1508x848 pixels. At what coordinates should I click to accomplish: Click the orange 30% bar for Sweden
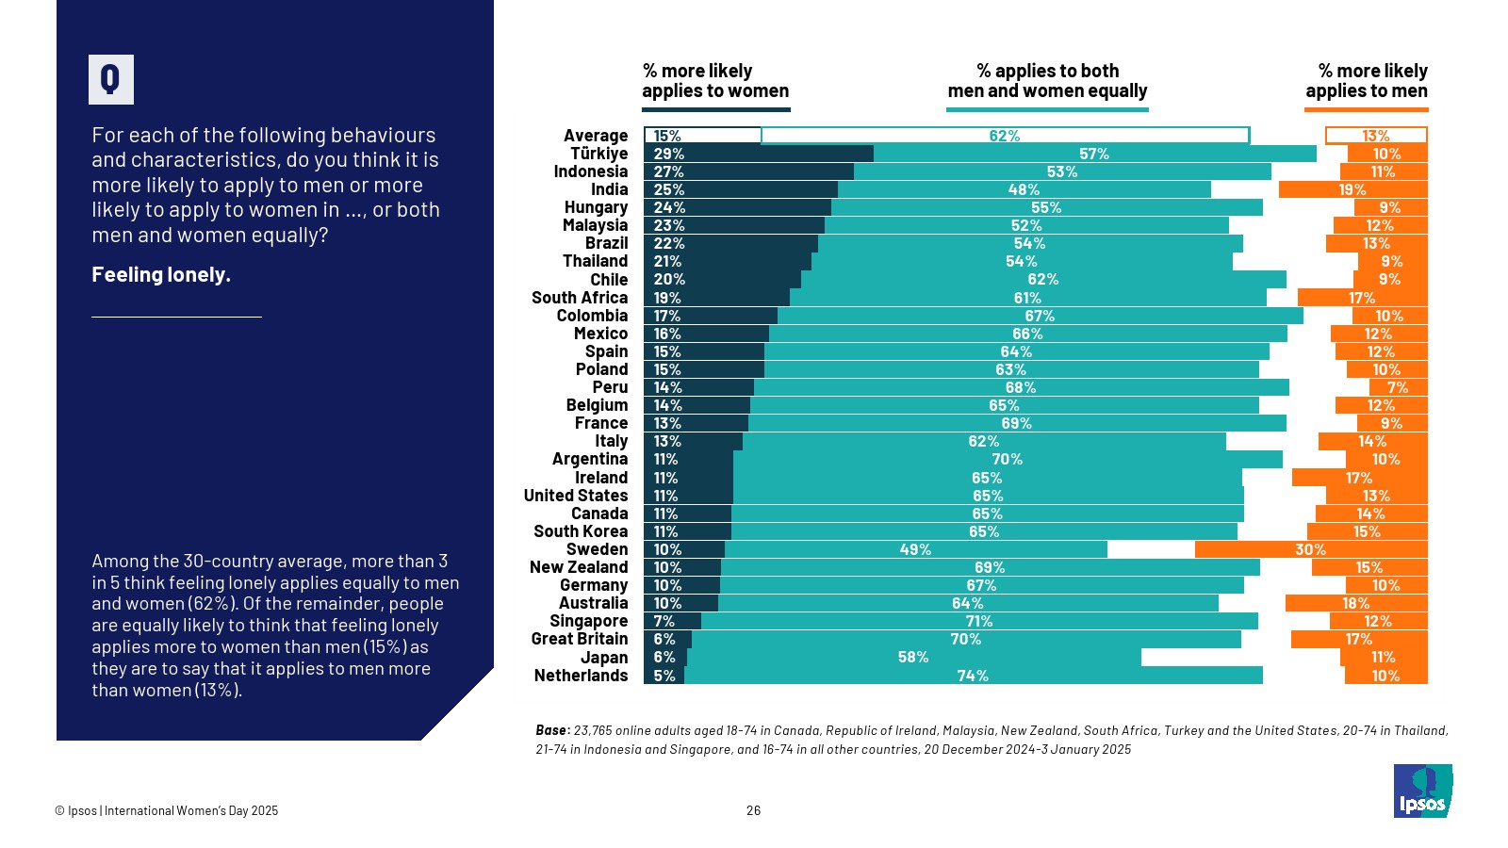(x=1311, y=549)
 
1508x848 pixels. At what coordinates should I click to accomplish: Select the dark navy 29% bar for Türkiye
(x=759, y=154)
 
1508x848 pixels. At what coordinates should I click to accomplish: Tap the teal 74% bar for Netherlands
(x=973, y=676)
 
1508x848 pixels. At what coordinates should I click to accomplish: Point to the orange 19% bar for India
(x=1352, y=189)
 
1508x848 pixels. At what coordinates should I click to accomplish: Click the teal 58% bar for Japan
(x=913, y=657)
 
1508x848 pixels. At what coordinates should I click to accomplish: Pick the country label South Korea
(x=581, y=531)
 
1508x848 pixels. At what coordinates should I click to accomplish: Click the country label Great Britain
(x=579, y=639)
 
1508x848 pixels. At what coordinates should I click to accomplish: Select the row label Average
(x=596, y=136)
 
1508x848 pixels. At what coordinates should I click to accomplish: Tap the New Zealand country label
(x=578, y=567)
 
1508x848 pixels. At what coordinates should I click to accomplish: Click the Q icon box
(x=111, y=79)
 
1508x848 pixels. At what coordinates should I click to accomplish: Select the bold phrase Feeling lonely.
(x=161, y=275)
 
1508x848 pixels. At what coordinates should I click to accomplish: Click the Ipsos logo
(x=1422, y=791)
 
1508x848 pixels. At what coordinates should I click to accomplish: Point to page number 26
(x=753, y=810)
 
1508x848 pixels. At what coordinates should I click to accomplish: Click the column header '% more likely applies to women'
(x=715, y=81)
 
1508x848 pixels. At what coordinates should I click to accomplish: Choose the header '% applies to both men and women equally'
(x=1047, y=81)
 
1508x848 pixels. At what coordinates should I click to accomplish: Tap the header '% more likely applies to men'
(x=1366, y=81)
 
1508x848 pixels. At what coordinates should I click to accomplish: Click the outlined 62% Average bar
(x=1005, y=136)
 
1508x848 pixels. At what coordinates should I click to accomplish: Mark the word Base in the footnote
(x=551, y=730)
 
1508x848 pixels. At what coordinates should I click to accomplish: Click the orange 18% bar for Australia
(x=1356, y=603)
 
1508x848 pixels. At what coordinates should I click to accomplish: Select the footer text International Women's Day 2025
(x=191, y=810)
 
